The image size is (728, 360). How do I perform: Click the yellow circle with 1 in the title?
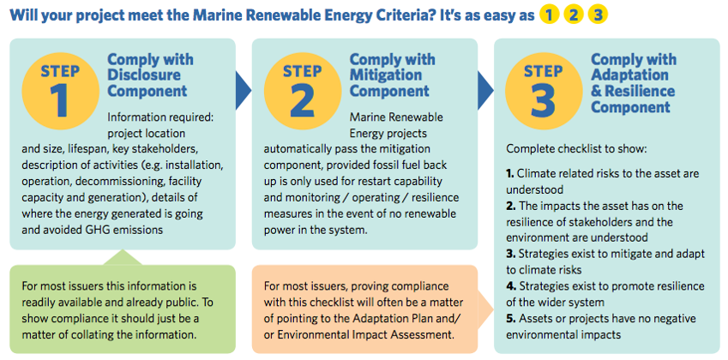pos(550,15)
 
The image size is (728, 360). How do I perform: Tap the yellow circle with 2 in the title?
pos(574,15)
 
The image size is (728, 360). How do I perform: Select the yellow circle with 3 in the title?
pos(598,15)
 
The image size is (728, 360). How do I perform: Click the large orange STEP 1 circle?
pos(60,91)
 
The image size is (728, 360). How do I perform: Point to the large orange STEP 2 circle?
pos(302,91)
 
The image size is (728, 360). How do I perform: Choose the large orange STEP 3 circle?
pos(544,91)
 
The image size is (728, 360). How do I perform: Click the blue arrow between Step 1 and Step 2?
pos(244,90)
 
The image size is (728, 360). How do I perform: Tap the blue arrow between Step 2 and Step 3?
pos(485,90)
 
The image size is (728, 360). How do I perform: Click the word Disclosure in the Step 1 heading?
pos(144,75)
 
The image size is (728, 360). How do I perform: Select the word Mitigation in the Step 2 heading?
pos(386,75)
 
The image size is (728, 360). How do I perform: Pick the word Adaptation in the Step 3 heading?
pos(629,75)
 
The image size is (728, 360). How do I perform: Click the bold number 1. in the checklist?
pos(510,174)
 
